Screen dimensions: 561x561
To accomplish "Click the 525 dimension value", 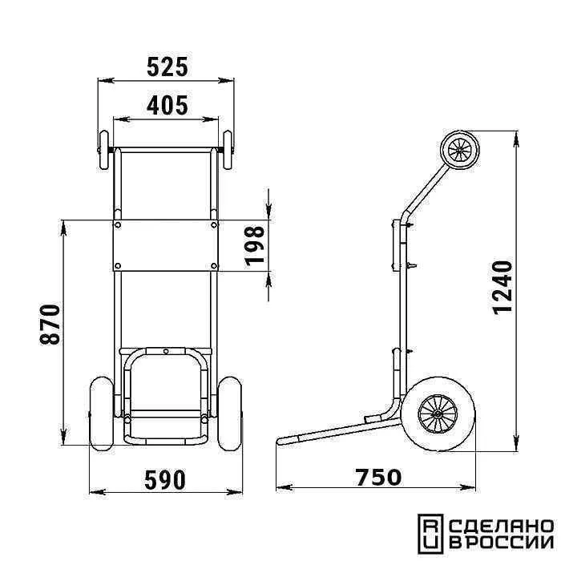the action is [167, 67].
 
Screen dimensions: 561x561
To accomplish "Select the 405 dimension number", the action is [167, 106].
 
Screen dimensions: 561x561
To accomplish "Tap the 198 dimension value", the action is [255, 246].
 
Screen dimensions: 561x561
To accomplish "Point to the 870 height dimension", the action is [50, 325].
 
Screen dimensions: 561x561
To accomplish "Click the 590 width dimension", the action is [165, 480].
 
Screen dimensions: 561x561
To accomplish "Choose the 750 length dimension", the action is [378, 478].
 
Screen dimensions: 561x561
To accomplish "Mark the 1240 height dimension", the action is [502, 288].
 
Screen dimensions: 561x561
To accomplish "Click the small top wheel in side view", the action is [460, 150].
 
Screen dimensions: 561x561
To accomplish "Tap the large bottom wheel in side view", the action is [438, 414].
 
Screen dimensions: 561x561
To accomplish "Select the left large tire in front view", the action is [102, 414].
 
